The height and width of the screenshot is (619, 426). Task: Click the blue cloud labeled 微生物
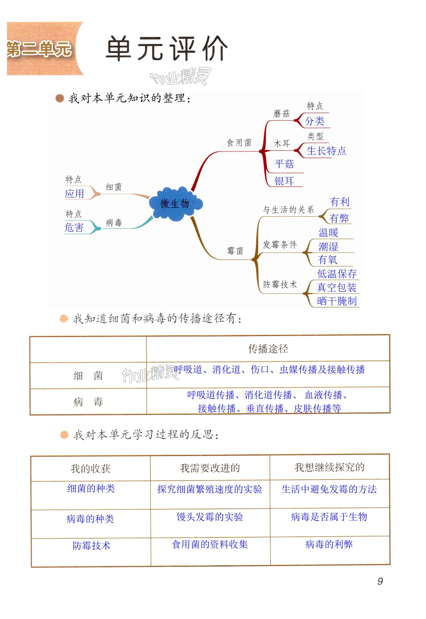pos(175,204)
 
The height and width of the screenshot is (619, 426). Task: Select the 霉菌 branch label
pos(235,251)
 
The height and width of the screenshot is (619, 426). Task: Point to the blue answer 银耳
pos(284,181)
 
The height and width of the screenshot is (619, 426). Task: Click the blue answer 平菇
pos(284,164)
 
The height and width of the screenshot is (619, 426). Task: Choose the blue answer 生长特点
pos(326,151)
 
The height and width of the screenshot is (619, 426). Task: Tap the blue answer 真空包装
pos(337,287)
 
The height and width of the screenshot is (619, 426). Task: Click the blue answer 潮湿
pos(328,246)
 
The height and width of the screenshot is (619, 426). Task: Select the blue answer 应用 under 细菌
pos(75,193)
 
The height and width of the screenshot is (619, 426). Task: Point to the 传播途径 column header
pos(268,349)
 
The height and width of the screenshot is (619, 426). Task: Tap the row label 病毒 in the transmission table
pos(88,402)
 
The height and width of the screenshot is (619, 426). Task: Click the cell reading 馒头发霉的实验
pos(210,517)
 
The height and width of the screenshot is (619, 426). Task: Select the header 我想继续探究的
pos(329,467)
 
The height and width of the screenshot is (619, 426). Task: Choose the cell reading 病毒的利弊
pos(329,544)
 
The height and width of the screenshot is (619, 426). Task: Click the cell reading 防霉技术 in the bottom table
pos(91,545)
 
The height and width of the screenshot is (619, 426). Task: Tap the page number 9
pos(380,581)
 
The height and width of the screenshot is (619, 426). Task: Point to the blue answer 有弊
pos(339,218)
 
